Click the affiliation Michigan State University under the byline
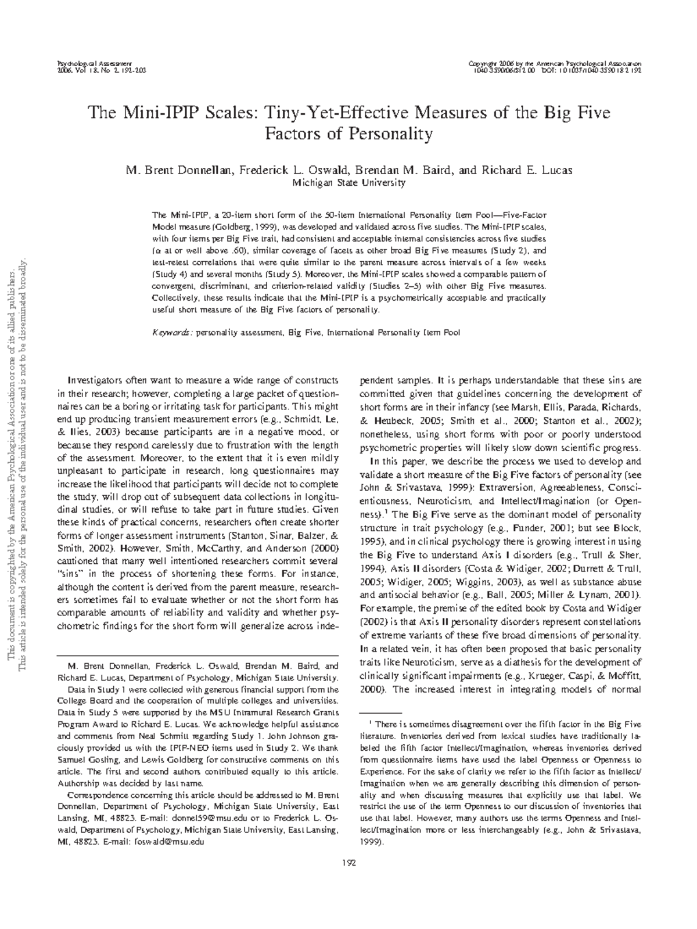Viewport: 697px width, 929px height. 348,182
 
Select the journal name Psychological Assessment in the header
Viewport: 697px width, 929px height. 94,62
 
